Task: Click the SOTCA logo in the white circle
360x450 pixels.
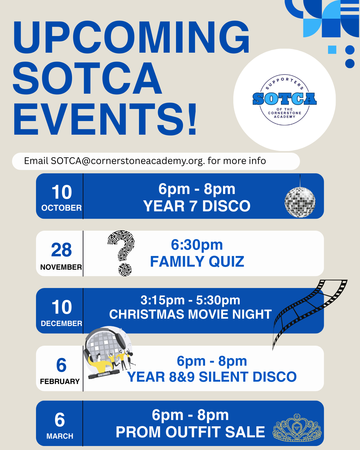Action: click(x=284, y=99)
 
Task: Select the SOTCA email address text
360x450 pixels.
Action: click(x=127, y=161)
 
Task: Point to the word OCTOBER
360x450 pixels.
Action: click(x=61, y=208)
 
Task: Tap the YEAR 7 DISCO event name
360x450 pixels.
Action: click(x=197, y=206)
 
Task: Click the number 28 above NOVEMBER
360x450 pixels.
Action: click(x=61, y=250)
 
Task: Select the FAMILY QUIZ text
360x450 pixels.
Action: click(x=197, y=262)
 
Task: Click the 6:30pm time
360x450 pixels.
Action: click(x=197, y=245)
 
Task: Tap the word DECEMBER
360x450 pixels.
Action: click(x=61, y=324)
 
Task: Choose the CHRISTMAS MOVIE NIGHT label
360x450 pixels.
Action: click(x=190, y=314)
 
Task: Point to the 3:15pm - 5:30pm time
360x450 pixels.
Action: click(x=190, y=300)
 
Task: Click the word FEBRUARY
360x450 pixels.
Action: click(x=60, y=382)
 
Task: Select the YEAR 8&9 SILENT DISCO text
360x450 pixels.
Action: click(x=212, y=377)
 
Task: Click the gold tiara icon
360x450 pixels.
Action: click(x=297, y=428)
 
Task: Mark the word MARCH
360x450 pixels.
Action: click(x=60, y=436)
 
